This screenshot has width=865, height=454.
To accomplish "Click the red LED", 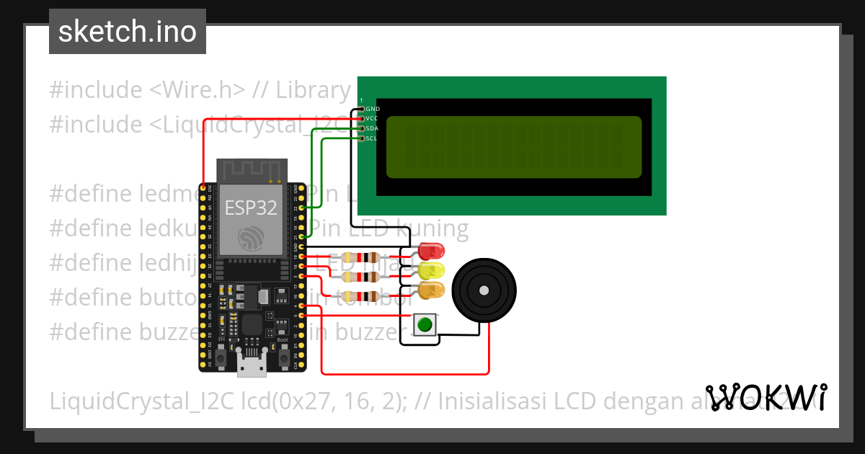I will tap(431, 252).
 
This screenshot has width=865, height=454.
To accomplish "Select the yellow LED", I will tap(431, 271).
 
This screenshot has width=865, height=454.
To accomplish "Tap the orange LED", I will tap(431, 290).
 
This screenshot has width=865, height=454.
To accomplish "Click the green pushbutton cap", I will tap(425, 324).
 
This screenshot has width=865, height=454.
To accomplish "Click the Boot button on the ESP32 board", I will tap(283, 356).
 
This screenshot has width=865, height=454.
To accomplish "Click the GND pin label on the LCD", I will tap(373, 109).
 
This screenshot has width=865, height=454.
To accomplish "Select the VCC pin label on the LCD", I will tap(372, 118).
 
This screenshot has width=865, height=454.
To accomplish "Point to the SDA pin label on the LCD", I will tap(372, 128).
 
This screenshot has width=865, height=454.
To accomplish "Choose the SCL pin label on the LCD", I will tap(372, 138).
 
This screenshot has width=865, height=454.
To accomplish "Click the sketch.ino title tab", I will tap(128, 32).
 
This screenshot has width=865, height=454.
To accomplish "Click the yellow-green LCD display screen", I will tap(513, 147).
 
